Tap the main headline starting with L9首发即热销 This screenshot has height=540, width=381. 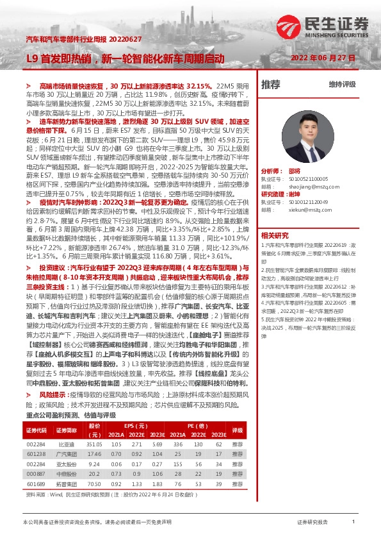pyautogui.click(x=126, y=58)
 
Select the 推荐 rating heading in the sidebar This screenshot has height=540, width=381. pyautogui.click(x=271, y=84)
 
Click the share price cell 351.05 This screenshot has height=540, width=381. pyautogui.click(x=95, y=444)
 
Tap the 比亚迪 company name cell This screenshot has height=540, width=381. pyautogui.click(x=66, y=444)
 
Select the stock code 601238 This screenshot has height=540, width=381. pyautogui.click(x=35, y=453)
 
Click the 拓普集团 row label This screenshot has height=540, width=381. pyautogui.click(x=66, y=484)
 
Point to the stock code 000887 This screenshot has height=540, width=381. pyautogui.click(x=35, y=473)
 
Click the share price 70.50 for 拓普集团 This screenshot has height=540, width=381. pyautogui.click(x=95, y=484)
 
